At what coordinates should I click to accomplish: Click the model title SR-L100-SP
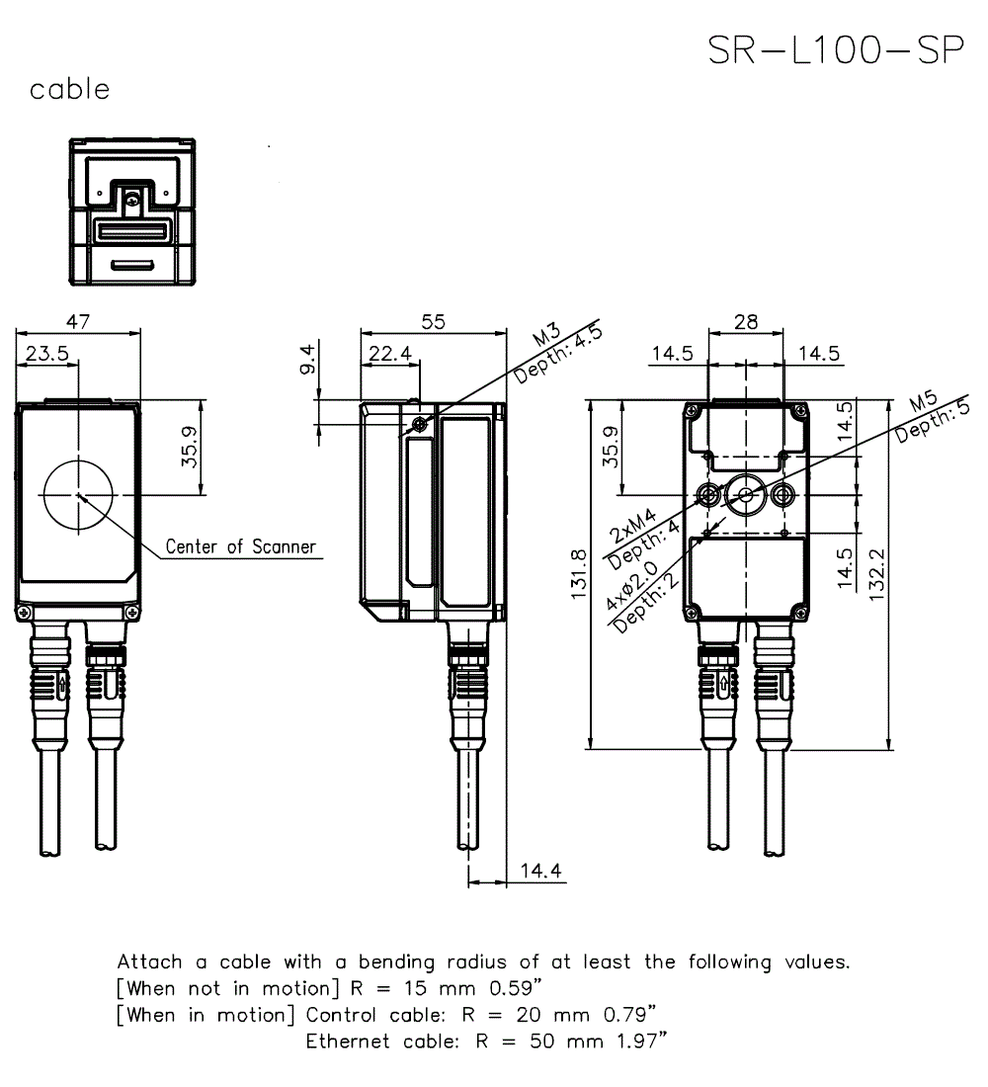coord(836,50)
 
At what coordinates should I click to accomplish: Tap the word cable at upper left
coord(69,90)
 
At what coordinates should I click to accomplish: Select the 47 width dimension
coord(78,322)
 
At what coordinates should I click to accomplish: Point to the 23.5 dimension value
coord(46,353)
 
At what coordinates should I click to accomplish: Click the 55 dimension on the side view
coord(433,322)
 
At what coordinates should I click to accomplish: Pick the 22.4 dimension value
coord(390,353)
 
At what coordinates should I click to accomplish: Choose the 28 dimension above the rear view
coord(746,322)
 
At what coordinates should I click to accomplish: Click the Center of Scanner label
coord(240,546)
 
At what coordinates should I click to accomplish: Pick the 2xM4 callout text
coord(630,527)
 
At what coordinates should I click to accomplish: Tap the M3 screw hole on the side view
coord(420,425)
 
